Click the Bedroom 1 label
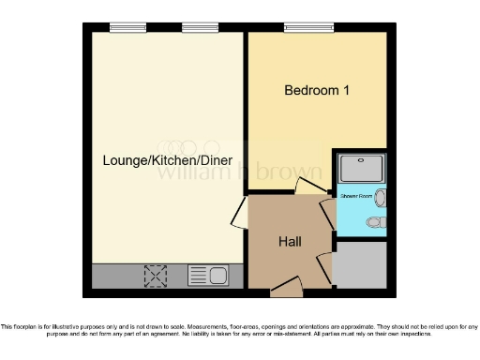tap(317, 91)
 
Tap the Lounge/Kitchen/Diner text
tap(167, 160)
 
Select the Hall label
tap(290, 242)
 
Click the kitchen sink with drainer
tap(208, 275)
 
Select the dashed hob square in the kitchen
tap(154, 276)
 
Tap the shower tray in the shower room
tap(360, 168)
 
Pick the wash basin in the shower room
tap(382, 198)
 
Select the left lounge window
tap(127, 28)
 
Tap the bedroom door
tap(307, 187)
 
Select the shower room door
tap(326, 211)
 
